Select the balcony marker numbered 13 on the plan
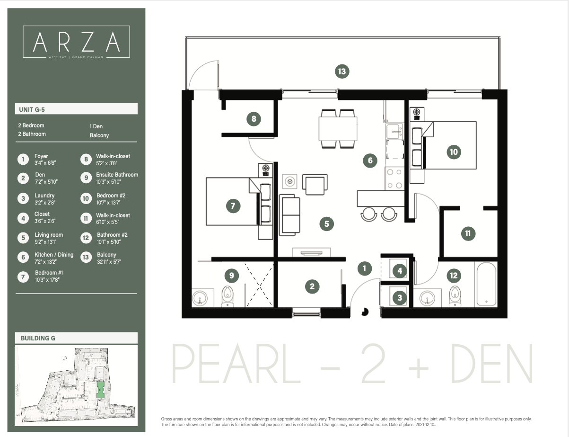341,71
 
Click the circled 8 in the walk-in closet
254,119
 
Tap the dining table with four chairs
338,128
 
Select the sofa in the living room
290,215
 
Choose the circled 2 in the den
312,286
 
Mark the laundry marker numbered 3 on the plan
400,297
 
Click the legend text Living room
49,235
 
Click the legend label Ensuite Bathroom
117,175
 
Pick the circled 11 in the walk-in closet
468,233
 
